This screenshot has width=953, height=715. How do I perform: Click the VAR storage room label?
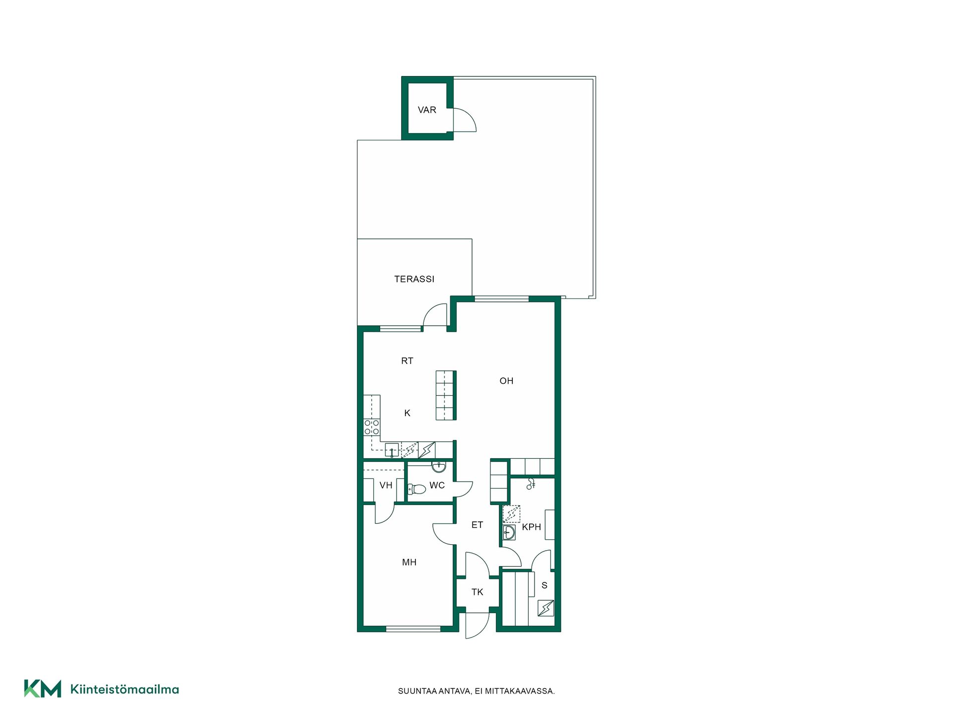[427, 110]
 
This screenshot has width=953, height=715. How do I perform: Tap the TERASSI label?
[414, 279]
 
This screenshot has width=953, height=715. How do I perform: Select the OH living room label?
[506, 381]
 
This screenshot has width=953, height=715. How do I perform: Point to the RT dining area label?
[407, 361]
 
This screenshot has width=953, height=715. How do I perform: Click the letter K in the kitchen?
[407, 413]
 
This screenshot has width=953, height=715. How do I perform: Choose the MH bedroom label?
[409, 562]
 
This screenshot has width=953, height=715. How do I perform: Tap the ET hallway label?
[477, 525]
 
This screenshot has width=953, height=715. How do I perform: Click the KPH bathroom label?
[531, 527]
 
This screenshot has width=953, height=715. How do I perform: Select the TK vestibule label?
[477, 592]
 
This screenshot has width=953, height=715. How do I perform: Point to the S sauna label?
[545, 585]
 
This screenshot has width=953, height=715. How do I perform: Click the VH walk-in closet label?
[386, 485]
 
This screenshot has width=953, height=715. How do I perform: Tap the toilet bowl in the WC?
[417, 489]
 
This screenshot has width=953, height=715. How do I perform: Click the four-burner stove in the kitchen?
[372, 427]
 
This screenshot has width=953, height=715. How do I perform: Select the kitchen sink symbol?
[392, 450]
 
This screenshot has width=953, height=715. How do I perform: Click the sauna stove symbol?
[546, 608]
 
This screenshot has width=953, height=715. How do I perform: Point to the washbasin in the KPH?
[509, 532]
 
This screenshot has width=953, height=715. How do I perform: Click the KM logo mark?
[43, 689]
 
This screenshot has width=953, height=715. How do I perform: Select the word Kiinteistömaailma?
[125, 689]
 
